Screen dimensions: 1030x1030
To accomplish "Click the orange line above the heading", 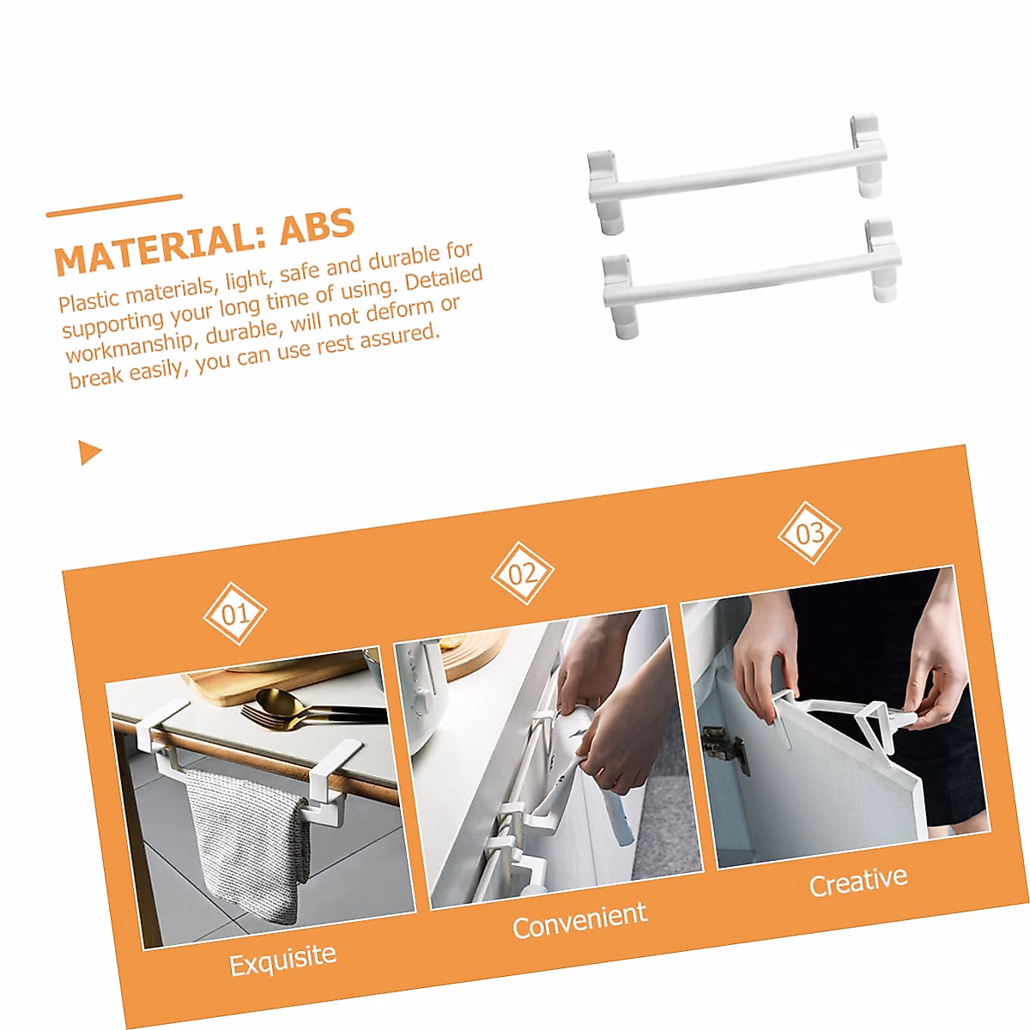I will tap(114, 206).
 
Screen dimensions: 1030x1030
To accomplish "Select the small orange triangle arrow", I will tap(89, 451).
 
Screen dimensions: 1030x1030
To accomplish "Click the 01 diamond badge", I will tap(234, 614).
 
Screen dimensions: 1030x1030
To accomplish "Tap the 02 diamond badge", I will tap(522, 573).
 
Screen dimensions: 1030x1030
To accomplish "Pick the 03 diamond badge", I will tap(809, 533).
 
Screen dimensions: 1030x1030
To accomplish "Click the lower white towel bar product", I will tap(751, 276).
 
